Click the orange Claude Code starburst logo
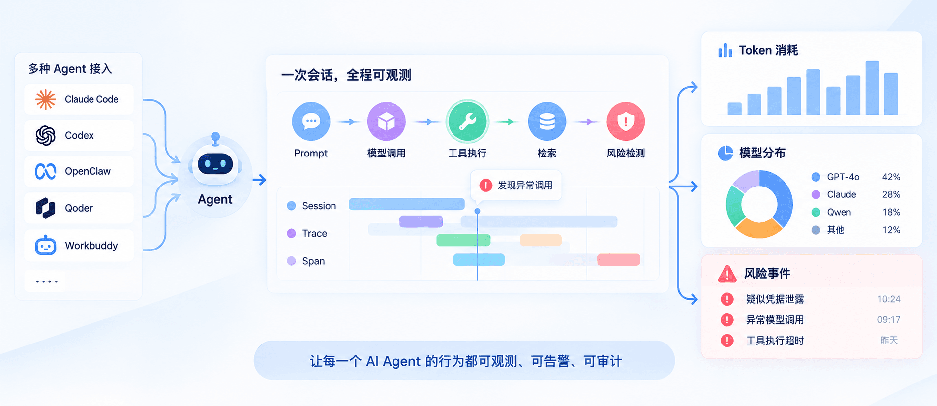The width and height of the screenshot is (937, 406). [x=46, y=99]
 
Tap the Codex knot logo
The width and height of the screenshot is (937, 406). [x=46, y=135]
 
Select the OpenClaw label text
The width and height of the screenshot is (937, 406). [x=88, y=171]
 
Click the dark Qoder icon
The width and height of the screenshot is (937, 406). [x=46, y=208]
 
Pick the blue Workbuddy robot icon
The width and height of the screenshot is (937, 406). [x=46, y=245]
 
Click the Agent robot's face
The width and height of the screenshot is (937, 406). [x=215, y=164]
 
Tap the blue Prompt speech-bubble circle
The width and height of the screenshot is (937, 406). [x=311, y=121]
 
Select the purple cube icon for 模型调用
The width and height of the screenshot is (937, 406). [x=386, y=121]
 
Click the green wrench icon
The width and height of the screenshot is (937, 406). [x=467, y=122]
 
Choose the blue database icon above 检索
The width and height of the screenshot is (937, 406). [x=547, y=121]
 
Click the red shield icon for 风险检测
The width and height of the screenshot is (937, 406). [x=626, y=121]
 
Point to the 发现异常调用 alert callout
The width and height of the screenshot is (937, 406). [x=516, y=186]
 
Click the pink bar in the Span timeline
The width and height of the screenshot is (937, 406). [x=619, y=260]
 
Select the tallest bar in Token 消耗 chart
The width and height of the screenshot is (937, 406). [x=872, y=88]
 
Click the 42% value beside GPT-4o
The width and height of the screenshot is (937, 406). [x=891, y=177]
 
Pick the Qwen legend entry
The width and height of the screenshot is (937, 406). [x=831, y=212]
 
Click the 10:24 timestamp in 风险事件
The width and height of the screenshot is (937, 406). [x=889, y=299]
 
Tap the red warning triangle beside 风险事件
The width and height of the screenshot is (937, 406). [x=727, y=274]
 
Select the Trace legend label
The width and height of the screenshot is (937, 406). [x=315, y=233]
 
